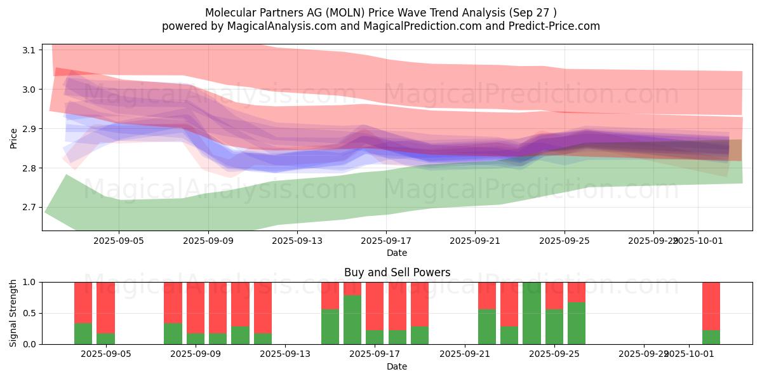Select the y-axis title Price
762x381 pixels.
(14, 138)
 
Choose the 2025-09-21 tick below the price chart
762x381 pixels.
(475, 241)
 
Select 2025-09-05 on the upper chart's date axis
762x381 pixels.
(119, 241)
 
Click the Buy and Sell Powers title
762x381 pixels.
(397, 272)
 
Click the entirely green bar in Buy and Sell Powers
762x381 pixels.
(531, 313)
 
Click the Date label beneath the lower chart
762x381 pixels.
(397, 366)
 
